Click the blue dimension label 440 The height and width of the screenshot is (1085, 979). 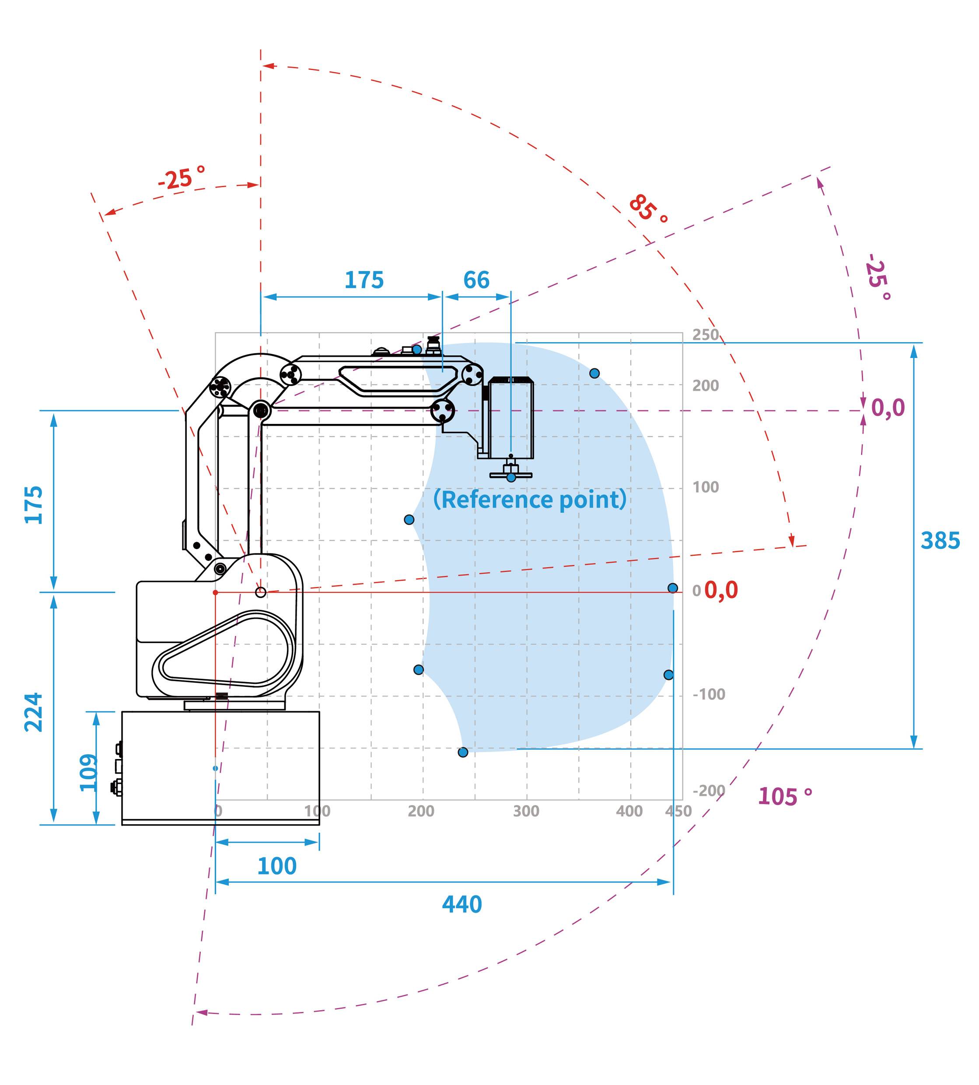coord(462,904)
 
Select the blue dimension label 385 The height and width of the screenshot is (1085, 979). coord(940,541)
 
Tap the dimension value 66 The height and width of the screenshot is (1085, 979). coord(476,280)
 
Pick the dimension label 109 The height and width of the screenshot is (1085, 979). coord(89,773)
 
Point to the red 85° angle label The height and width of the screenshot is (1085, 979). coord(648,209)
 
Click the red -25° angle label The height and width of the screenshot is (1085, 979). coord(182,178)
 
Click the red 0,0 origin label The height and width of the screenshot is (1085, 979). coord(721,590)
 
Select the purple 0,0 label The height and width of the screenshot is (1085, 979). coord(888,408)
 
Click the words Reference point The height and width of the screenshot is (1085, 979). coord(529,500)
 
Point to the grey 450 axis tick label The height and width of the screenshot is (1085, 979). coord(678,811)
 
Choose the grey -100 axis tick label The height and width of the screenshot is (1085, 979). coord(708,694)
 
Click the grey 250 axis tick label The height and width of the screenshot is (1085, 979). coord(705,335)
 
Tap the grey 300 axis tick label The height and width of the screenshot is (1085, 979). coord(525,811)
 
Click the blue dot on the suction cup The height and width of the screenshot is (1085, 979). coord(511,477)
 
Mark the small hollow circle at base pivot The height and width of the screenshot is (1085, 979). coord(260,592)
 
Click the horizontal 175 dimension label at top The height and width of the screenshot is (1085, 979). coord(364,280)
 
